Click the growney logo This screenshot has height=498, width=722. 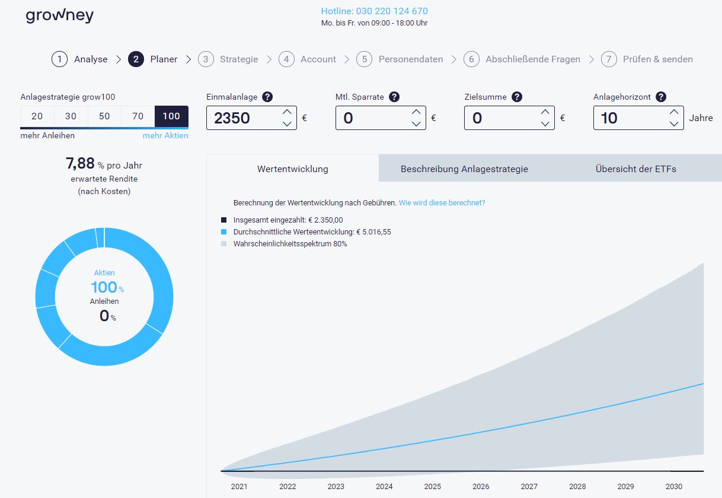coord(59,15)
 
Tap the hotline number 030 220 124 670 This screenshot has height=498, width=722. coord(374,11)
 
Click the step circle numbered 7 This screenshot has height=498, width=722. coord(609,59)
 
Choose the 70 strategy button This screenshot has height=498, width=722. coord(138,116)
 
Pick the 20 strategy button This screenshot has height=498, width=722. coord(37,116)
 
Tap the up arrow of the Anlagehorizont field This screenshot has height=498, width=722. coord(674,112)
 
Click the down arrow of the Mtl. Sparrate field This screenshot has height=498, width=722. coord(416,124)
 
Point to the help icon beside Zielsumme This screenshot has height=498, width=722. coord(517,97)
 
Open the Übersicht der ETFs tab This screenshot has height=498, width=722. coord(635,169)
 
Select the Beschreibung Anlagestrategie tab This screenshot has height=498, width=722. coord(464,169)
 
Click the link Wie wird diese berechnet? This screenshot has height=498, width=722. coord(442,202)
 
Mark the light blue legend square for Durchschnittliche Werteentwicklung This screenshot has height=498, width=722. coord(223,232)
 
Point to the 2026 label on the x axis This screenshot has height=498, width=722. coord(481,487)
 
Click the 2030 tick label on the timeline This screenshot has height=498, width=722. coord(674,487)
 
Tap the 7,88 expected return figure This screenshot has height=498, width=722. coord(80,164)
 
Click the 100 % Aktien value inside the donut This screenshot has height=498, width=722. coord(105,288)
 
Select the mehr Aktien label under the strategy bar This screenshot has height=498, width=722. coord(165,136)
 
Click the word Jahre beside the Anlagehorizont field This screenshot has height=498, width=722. coord(701,118)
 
